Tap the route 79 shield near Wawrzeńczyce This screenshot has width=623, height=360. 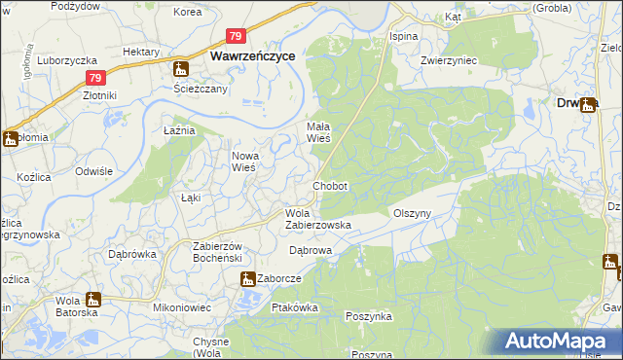pyautogui.click(x=237, y=36)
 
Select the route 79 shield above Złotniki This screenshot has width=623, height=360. pyautogui.click(x=93, y=78)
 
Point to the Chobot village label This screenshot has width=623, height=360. pyautogui.click(x=330, y=186)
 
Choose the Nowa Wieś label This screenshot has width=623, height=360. pyautogui.click(x=242, y=162)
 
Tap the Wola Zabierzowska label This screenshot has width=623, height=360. pyautogui.click(x=317, y=219)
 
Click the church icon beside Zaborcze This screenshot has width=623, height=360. pyautogui.click(x=247, y=279)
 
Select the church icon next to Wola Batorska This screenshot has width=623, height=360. pyautogui.click(x=93, y=300)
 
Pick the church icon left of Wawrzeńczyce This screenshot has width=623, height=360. pyautogui.click(x=181, y=69)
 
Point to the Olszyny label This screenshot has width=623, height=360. pyautogui.click(x=412, y=212)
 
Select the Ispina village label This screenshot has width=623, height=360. pyautogui.click(x=404, y=36)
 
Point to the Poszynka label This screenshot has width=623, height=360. pyautogui.click(x=369, y=316)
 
